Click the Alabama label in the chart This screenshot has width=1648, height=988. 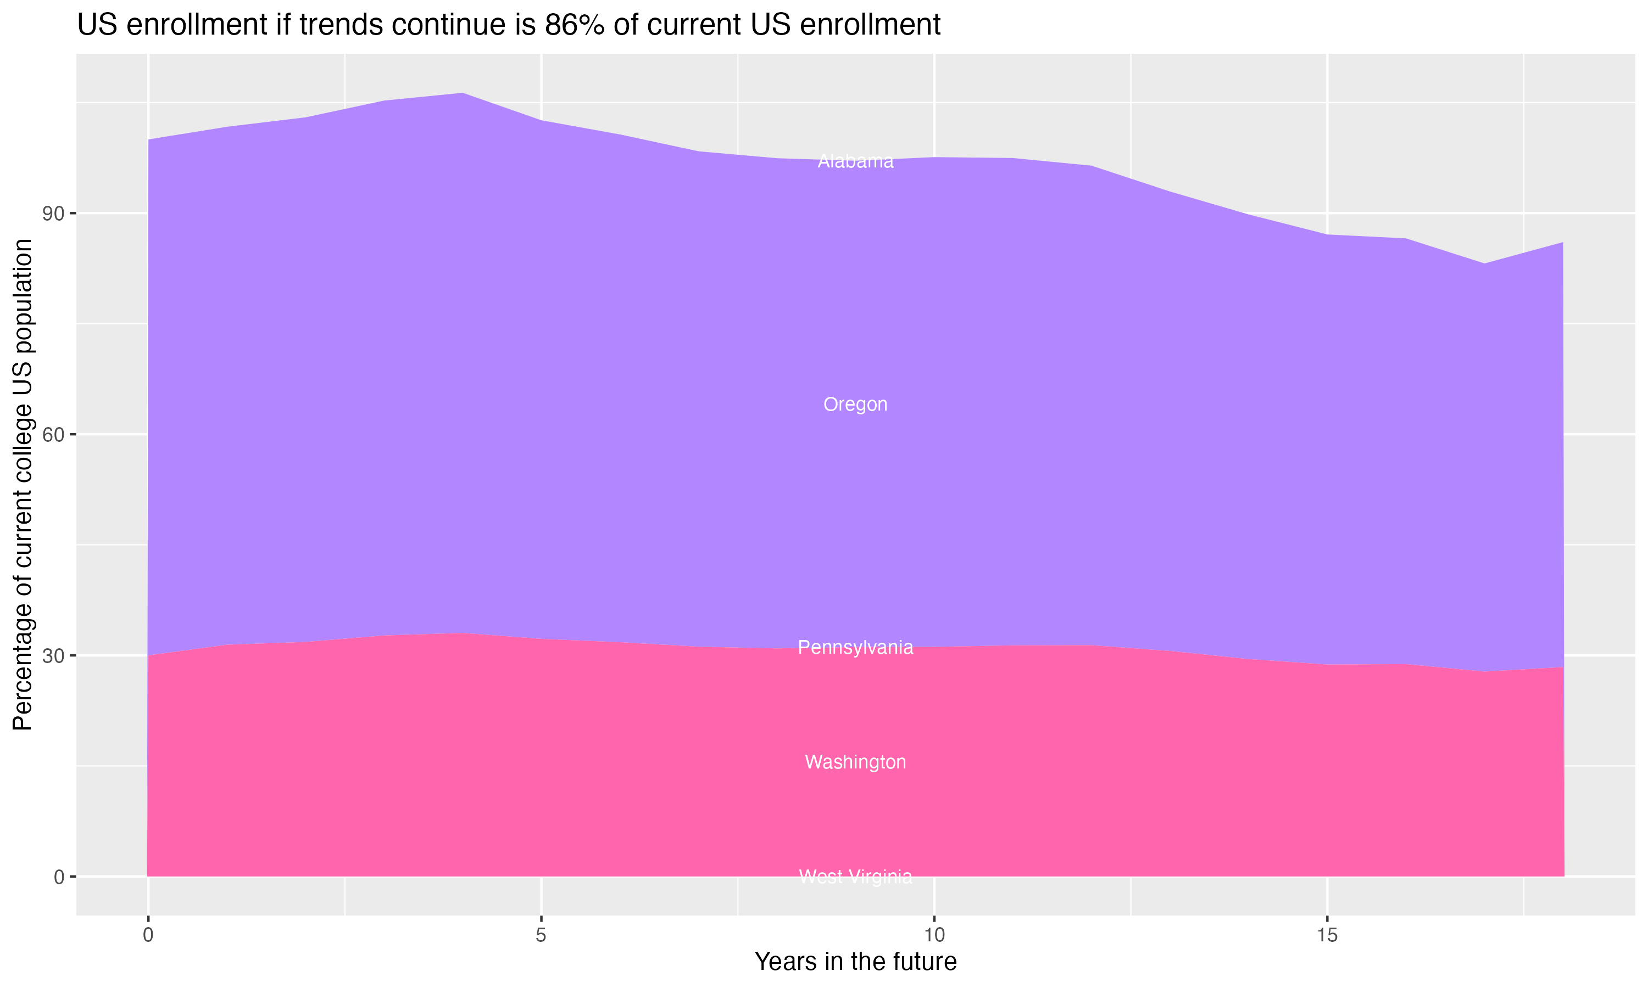pos(855,161)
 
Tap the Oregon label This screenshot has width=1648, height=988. pos(855,404)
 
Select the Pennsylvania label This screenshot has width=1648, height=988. pos(855,647)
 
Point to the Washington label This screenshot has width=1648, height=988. pos(855,762)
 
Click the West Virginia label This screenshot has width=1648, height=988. pos(855,877)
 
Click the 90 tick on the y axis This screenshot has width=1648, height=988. pos(53,214)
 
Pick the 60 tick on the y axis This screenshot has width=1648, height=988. pos(53,435)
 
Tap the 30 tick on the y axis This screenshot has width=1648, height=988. pos(53,656)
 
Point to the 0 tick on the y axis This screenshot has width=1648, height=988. pos(59,877)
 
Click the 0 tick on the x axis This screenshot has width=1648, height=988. pos(148,935)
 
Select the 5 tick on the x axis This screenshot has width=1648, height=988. pos(541,935)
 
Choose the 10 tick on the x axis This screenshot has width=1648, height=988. pos(934,935)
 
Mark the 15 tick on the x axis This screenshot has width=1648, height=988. pos(1327,935)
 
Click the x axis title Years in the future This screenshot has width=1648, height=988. pos(855,961)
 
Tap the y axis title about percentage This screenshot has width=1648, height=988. pos(23,484)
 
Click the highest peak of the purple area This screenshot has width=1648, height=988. pos(463,94)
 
